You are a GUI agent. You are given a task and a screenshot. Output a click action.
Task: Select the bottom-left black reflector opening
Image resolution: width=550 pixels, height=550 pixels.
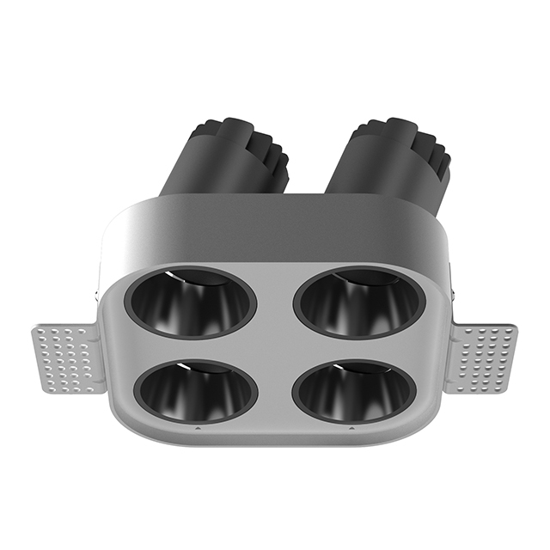click(x=198, y=391)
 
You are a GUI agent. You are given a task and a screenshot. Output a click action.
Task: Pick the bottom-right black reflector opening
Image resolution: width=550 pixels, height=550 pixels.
click(x=354, y=391)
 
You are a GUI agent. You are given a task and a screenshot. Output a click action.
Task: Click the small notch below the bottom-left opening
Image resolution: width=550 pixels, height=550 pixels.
click(x=197, y=426)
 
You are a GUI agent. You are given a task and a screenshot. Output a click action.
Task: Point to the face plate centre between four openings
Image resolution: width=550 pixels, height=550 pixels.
click(x=275, y=348)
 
